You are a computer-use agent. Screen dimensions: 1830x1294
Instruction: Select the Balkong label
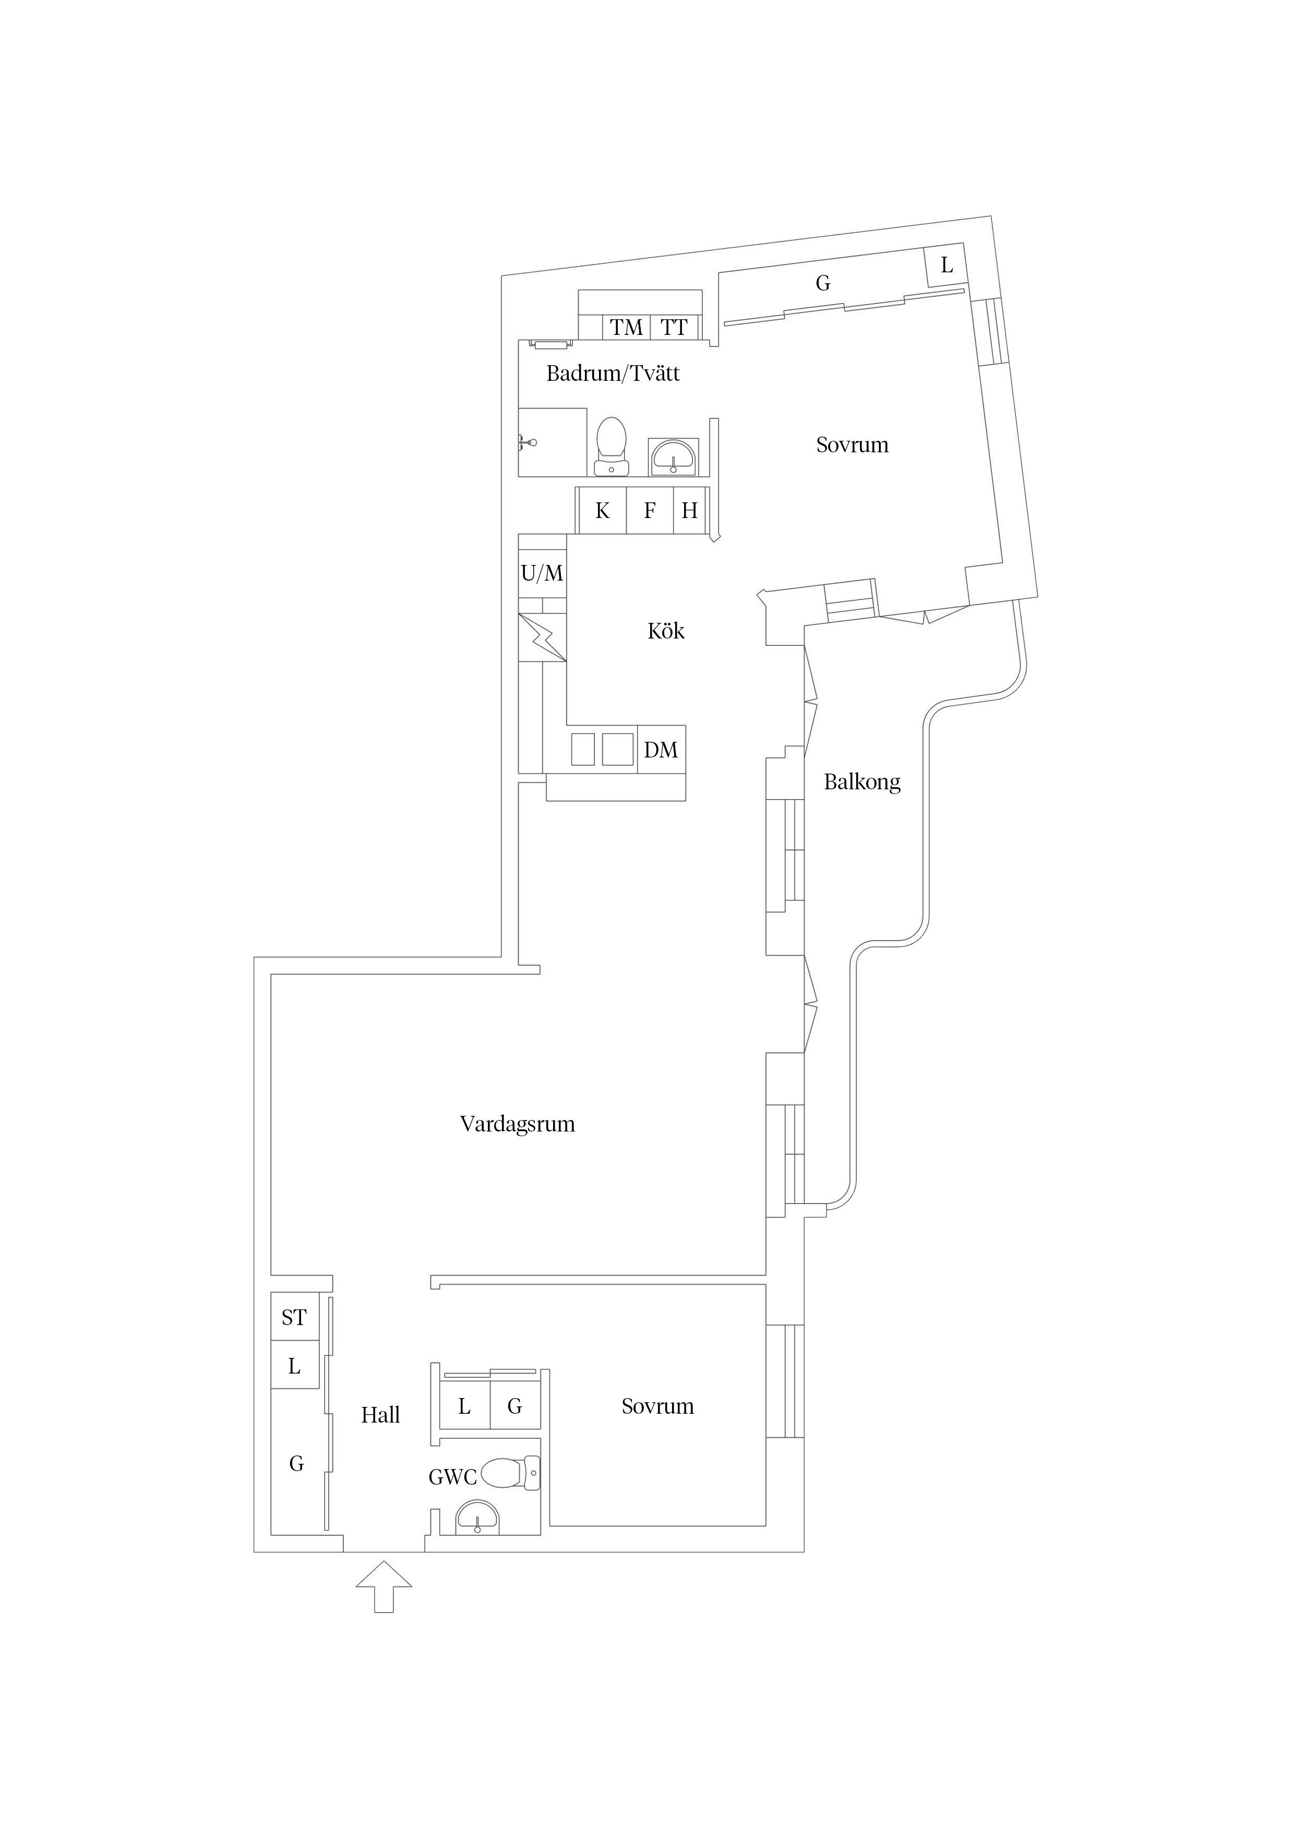point(862,782)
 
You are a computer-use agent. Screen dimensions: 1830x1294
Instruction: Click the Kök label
point(666,631)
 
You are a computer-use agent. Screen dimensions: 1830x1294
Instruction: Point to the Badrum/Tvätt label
point(613,373)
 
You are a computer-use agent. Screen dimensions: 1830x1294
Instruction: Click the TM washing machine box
point(627,327)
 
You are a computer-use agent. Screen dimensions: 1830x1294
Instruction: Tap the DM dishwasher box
point(661,749)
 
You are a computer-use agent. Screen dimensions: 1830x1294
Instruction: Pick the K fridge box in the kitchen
point(602,510)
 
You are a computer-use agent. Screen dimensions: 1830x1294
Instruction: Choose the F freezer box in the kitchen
point(650,510)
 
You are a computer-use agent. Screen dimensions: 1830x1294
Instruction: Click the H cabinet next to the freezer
point(690,510)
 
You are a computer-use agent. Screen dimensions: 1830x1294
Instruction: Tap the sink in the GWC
point(477,1517)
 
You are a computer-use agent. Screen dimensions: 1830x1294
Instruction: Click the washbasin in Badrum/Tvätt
point(674,456)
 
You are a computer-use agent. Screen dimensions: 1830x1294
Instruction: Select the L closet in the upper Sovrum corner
point(946,266)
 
